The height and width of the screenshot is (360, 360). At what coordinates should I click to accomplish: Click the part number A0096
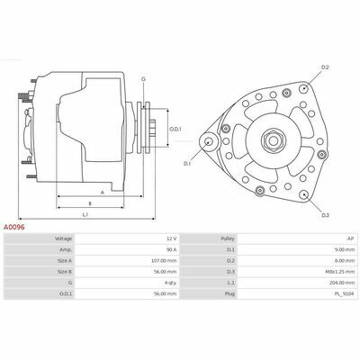[x=13, y=227]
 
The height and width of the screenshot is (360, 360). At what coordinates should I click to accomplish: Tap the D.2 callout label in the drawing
[x=325, y=67]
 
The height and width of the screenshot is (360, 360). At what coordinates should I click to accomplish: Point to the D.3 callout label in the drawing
[x=326, y=215]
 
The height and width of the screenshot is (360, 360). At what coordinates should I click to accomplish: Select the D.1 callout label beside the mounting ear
[x=187, y=164]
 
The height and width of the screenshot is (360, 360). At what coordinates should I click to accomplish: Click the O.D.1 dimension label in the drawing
[x=175, y=130]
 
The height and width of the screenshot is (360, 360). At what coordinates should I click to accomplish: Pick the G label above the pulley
[x=143, y=79]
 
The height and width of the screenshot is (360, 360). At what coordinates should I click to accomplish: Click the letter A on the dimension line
[x=103, y=193]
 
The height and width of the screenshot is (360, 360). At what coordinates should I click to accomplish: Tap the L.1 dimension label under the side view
[x=85, y=214]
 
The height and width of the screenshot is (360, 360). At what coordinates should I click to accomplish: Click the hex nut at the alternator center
[x=273, y=140]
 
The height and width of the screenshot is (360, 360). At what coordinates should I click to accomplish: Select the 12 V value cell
[x=126, y=238]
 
